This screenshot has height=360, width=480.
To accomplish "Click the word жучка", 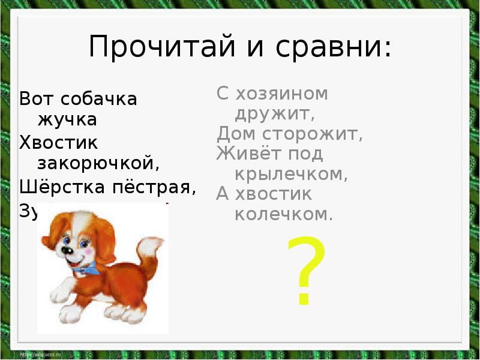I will [67, 119].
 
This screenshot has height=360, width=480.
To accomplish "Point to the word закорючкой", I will [99, 163].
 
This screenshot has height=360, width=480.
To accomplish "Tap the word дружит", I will [274, 114].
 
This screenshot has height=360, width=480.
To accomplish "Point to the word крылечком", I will [291, 174].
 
